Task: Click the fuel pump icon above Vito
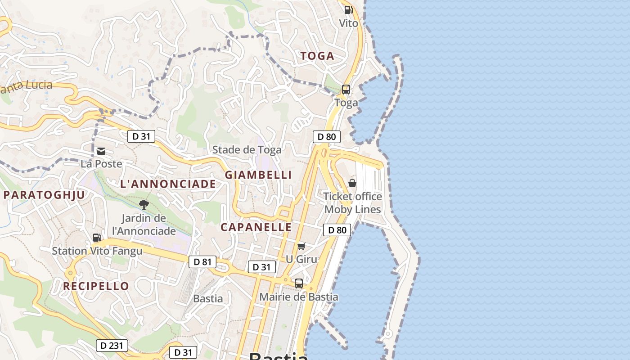coord(348,9)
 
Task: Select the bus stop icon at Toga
coord(346,89)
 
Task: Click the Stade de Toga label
coord(247,150)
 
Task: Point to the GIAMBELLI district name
coord(258,175)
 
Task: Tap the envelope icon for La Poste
coord(101,151)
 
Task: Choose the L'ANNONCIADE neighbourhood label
coord(168,184)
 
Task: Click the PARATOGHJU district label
coord(44,195)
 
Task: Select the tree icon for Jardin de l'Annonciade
coord(144,205)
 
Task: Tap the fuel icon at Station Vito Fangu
coord(97,238)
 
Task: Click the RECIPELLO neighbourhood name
coord(96,286)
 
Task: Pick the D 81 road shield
coord(202,262)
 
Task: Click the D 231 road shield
coord(112,346)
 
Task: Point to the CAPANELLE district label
coord(256,227)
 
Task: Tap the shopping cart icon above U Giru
coord(301,246)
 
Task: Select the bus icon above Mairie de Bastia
coord(299,283)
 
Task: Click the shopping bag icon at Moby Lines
coord(352,183)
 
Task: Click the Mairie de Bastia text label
coord(299,297)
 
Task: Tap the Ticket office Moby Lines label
coord(353,203)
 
